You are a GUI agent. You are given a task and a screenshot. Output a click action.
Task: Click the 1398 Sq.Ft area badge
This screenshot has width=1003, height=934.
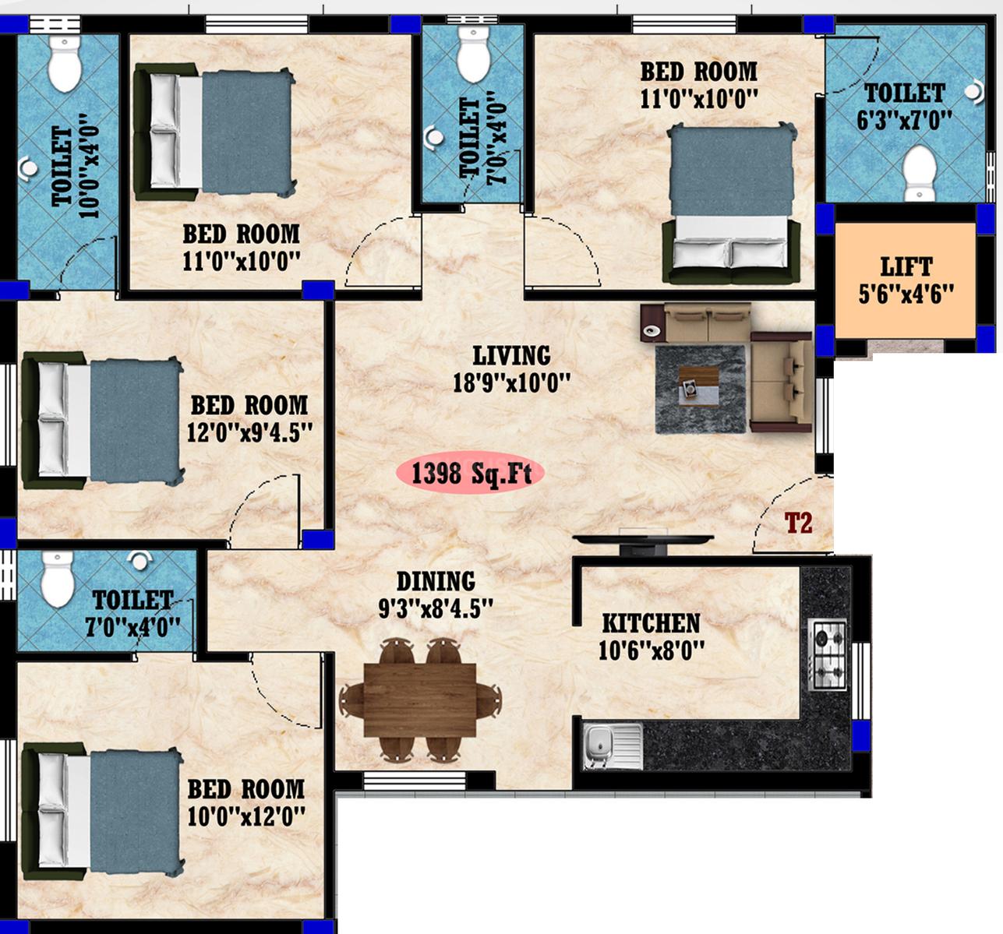471,473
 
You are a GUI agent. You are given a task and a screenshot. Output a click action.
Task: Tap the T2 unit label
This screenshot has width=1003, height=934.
799,523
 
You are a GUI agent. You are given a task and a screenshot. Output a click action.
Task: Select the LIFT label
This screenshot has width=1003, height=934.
906,266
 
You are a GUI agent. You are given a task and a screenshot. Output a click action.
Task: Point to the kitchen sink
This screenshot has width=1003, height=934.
613,747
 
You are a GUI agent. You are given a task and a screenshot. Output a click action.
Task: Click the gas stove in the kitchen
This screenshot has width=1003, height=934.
827,655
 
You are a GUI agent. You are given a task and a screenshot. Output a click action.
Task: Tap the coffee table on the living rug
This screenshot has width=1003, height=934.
698,386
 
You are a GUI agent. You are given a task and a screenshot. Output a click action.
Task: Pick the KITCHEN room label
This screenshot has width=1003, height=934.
651,623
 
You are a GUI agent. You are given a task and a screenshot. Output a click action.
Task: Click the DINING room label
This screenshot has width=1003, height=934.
436,581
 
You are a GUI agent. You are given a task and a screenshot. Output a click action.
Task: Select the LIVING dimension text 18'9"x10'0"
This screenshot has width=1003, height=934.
511,383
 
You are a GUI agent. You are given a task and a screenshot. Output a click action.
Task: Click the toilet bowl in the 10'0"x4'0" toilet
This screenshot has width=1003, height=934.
65,64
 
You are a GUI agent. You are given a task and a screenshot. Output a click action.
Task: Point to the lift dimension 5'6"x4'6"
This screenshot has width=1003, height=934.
906,294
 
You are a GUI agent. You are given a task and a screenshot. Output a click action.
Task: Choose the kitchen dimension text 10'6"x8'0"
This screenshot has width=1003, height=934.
651,650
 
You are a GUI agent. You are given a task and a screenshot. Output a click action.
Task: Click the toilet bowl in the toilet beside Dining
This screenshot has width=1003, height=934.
57,579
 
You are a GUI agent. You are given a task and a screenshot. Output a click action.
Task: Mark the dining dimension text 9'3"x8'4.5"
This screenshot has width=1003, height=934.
436,608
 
